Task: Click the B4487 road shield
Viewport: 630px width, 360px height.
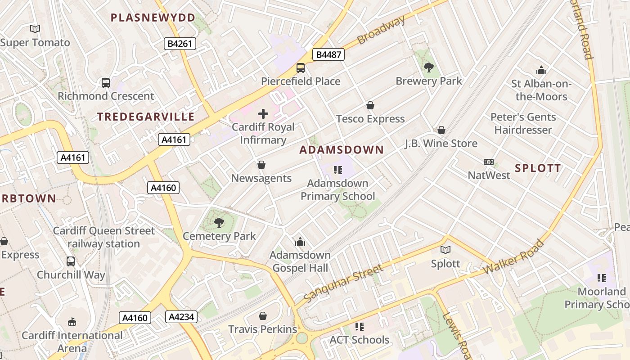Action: point(328,55)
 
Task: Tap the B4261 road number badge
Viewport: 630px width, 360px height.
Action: point(180,44)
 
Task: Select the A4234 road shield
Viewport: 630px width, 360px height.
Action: point(181,317)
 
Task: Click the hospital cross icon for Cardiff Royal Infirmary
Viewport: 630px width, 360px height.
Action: point(263,114)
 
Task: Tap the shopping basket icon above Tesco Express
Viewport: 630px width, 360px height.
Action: point(370,105)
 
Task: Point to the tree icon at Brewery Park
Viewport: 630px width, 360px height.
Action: point(429,67)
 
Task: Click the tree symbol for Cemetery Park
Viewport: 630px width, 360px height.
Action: point(219,222)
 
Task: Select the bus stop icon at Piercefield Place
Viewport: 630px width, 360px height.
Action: point(301,68)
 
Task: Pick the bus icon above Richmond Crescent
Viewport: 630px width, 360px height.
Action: point(106,82)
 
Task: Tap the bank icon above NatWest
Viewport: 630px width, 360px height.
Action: point(489,162)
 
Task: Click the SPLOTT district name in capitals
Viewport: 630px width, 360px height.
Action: point(538,168)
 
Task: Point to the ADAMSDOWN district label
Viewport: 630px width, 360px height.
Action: point(342,150)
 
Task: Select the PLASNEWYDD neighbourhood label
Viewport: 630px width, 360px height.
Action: point(153,18)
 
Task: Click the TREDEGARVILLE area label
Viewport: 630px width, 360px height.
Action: point(146,117)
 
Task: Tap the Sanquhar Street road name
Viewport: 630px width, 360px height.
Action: point(343,283)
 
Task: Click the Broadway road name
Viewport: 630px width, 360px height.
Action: point(381,30)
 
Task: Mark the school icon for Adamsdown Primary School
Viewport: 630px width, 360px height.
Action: point(338,170)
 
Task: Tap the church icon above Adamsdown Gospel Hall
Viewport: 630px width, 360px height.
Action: point(300,242)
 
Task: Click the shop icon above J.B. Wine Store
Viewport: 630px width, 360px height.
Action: point(441,130)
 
